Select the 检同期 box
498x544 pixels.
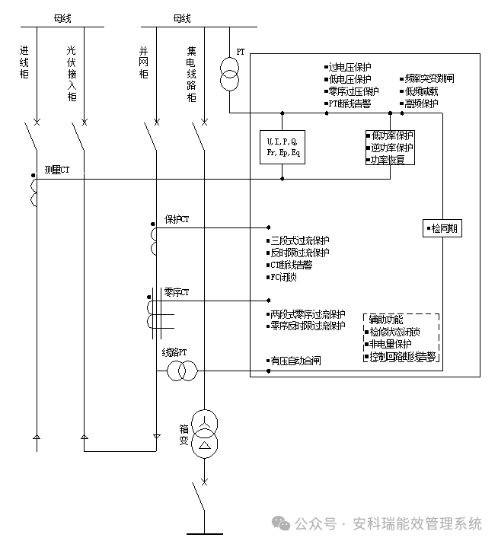[x=442, y=227]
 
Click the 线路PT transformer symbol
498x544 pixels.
[x=183, y=371]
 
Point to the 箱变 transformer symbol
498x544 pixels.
[x=204, y=431]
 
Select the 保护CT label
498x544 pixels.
[x=177, y=219]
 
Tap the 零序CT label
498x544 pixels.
[x=177, y=292]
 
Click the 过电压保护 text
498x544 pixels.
[x=350, y=68]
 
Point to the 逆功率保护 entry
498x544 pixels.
[x=391, y=148]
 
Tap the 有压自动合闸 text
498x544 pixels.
[x=295, y=361]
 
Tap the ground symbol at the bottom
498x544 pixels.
[x=203, y=533]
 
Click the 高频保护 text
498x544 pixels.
[x=422, y=103]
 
